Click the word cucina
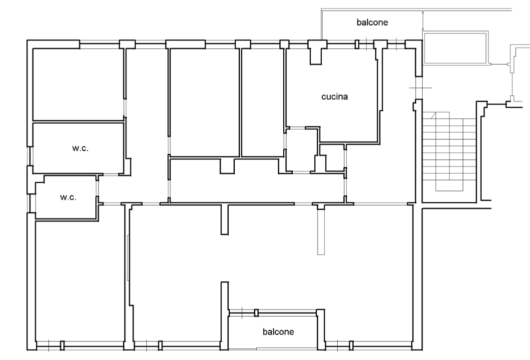[x=334, y=97]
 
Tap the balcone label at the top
[x=372, y=22]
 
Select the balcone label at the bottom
[x=278, y=331]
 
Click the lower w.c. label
[x=68, y=197]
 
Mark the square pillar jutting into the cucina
[x=316, y=54]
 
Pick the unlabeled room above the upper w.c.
[x=77, y=84]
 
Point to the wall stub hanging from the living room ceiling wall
[x=225, y=219]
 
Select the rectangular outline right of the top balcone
[x=455, y=48]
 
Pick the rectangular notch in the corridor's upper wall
[x=227, y=166]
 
